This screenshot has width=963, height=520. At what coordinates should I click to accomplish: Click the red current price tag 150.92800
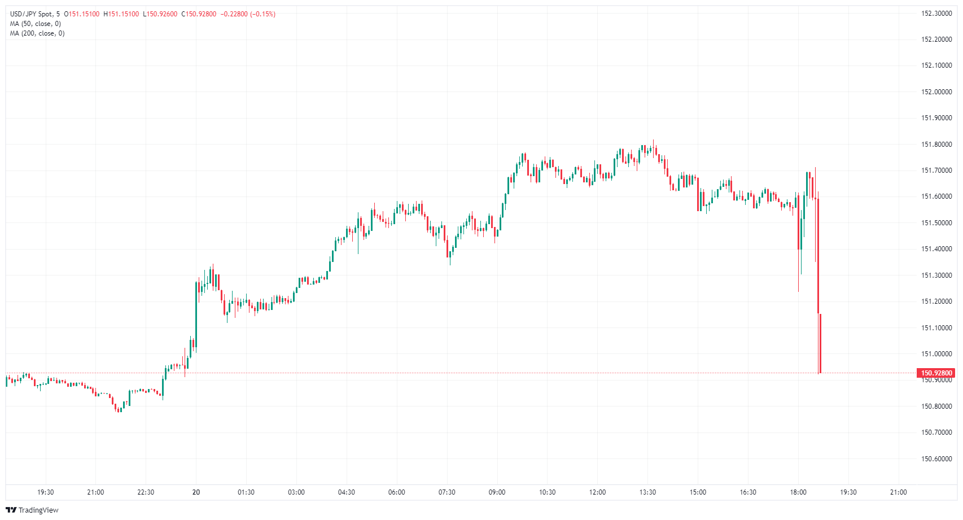(x=936, y=373)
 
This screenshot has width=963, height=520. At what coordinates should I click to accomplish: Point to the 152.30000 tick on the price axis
(x=936, y=14)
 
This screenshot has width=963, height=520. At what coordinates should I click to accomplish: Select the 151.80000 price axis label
(x=936, y=145)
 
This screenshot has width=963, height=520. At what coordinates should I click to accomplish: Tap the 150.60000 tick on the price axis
(x=936, y=459)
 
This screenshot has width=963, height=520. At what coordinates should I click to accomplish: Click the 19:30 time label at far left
(x=45, y=492)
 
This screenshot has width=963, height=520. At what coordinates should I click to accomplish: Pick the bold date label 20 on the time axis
(x=196, y=492)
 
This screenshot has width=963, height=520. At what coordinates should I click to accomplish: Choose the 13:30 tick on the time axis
(x=647, y=492)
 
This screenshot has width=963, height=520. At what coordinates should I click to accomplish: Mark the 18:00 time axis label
(x=798, y=492)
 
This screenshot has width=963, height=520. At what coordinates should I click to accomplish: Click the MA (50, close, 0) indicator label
(x=36, y=24)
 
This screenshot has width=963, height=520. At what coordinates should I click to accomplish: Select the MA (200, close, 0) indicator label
(x=37, y=33)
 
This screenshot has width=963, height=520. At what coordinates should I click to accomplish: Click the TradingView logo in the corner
(x=32, y=510)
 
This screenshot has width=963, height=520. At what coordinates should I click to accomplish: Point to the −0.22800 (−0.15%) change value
(x=248, y=14)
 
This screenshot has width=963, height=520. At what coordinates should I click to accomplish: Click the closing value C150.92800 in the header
(x=199, y=14)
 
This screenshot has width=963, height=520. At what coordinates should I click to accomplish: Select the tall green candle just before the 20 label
(x=196, y=316)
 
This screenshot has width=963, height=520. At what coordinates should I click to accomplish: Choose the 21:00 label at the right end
(x=898, y=492)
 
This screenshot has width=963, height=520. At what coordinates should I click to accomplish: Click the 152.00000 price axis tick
(x=936, y=92)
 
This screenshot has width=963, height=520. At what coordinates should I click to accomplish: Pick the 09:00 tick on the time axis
(x=497, y=492)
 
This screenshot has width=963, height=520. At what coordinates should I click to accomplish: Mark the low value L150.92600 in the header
(x=160, y=14)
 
